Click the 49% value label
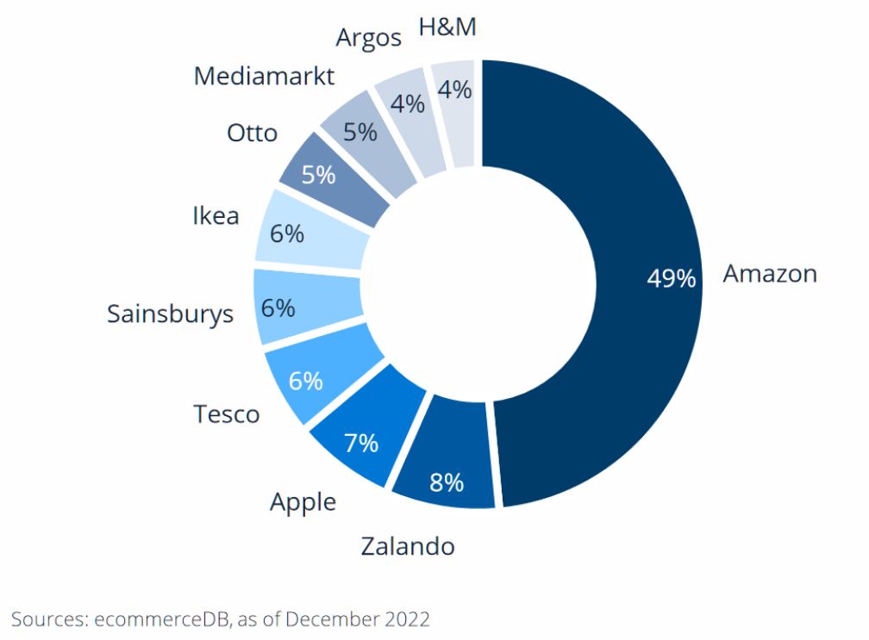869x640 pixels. tap(671, 278)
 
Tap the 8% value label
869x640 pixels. tap(447, 482)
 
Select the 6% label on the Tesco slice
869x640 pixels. tap(306, 382)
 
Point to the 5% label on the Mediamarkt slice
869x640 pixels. tap(360, 133)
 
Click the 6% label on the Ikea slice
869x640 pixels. tap(287, 234)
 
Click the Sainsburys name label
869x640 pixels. tap(170, 314)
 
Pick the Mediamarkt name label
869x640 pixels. tap(264, 77)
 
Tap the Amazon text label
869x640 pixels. tap(770, 274)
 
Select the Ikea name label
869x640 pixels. tap(216, 216)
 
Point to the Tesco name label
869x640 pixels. tap(226, 414)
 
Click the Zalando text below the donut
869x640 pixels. tap(408, 546)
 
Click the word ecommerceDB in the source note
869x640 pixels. tap(162, 619)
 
